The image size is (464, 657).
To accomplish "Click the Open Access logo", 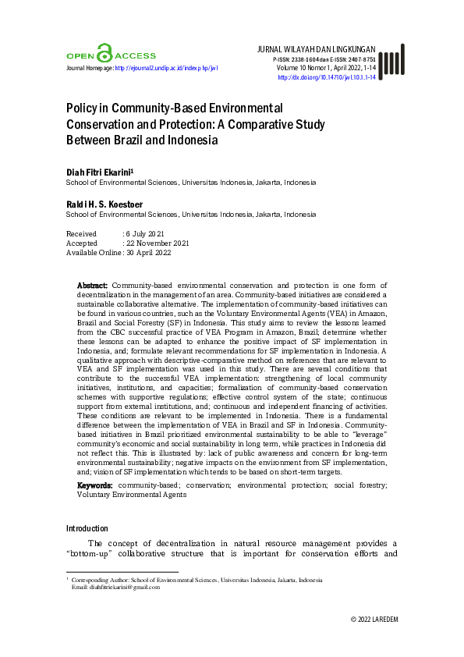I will pos(110,55).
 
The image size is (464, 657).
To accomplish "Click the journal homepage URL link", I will pos(165,68).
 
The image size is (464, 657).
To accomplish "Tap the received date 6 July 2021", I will pos(146,233).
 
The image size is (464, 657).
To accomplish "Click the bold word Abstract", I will pos(92,286).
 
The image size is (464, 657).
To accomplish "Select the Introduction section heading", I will pos(87,528).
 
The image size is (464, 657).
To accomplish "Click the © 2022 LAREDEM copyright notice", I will pos(374,620).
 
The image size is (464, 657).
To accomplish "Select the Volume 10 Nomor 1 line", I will pos(325,68).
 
